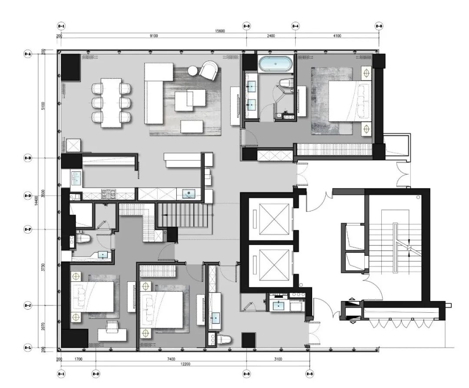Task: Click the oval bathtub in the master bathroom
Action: pos(275,64)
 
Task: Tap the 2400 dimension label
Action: pos(271,36)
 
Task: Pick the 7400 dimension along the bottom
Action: pos(171,359)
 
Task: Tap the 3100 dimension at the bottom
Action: pos(278,359)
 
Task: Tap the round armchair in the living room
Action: pos(209,70)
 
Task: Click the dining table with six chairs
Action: pos(112,103)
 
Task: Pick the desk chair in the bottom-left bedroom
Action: pos(112,326)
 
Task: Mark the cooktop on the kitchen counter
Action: pos(107,194)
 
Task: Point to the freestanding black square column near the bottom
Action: pos(248,340)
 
